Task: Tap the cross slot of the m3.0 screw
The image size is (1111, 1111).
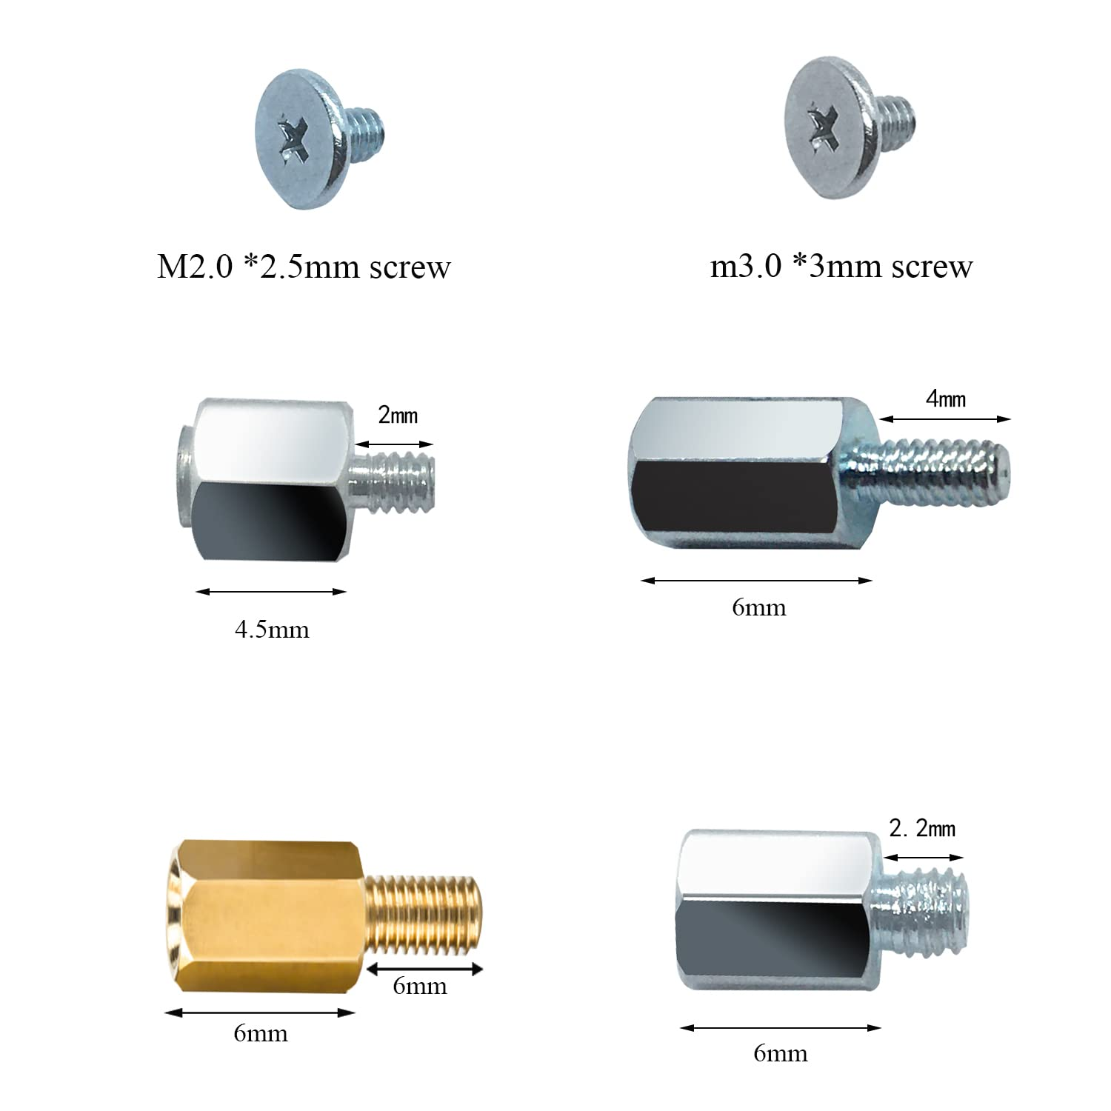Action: pyautogui.click(x=822, y=126)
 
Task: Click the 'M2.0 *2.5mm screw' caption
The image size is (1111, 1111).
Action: pyautogui.click(x=304, y=267)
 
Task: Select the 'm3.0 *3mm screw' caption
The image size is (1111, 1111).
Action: pyautogui.click(x=841, y=266)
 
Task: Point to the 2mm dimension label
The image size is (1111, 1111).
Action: pyautogui.click(x=398, y=415)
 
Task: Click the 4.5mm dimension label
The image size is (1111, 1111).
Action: pyautogui.click(x=272, y=630)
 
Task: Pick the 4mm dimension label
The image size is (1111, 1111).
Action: pyautogui.click(x=946, y=399)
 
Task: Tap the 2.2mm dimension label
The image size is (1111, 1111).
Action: pyautogui.click(x=922, y=828)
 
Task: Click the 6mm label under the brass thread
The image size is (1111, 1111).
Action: pyautogui.click(x=420, y=987)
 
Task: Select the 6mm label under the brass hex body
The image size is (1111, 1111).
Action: pyautogui.click(x=260, y=1033)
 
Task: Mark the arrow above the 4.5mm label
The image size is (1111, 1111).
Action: pyautogui.click(x=271, y=592)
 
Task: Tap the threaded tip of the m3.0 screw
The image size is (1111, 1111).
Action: pyautogui.click(x=896, y=116)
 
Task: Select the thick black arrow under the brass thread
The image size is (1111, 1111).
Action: pyautogui.click(x=425, y=969)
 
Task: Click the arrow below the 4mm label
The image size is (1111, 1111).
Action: pyautogui.click(x=945, y=419)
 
